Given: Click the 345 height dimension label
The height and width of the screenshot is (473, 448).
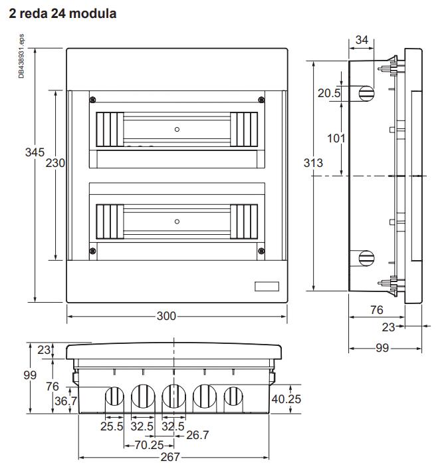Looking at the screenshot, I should click(35, 152).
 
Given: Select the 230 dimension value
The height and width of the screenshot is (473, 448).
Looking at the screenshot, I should click(55, 162).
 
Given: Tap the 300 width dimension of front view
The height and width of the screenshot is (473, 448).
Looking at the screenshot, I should click(166, 316).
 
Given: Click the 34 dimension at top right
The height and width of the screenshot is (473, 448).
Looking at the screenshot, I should click(362, 40).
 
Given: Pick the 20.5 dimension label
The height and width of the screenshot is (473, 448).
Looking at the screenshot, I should click(328, 94).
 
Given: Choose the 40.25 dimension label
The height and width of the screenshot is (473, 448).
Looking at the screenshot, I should click(286, 398).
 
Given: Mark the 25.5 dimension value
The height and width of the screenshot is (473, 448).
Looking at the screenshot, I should click(112, 426).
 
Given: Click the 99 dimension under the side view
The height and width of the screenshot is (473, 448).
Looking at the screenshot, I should click(381, 348).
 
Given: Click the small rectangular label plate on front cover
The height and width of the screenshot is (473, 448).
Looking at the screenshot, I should click(269, 287).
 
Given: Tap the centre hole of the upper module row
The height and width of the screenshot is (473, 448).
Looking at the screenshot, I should click(177, 129).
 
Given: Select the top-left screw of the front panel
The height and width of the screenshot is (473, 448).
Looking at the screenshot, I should click(92, 99).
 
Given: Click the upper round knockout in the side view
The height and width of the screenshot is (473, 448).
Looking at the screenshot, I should click(366, 92).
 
